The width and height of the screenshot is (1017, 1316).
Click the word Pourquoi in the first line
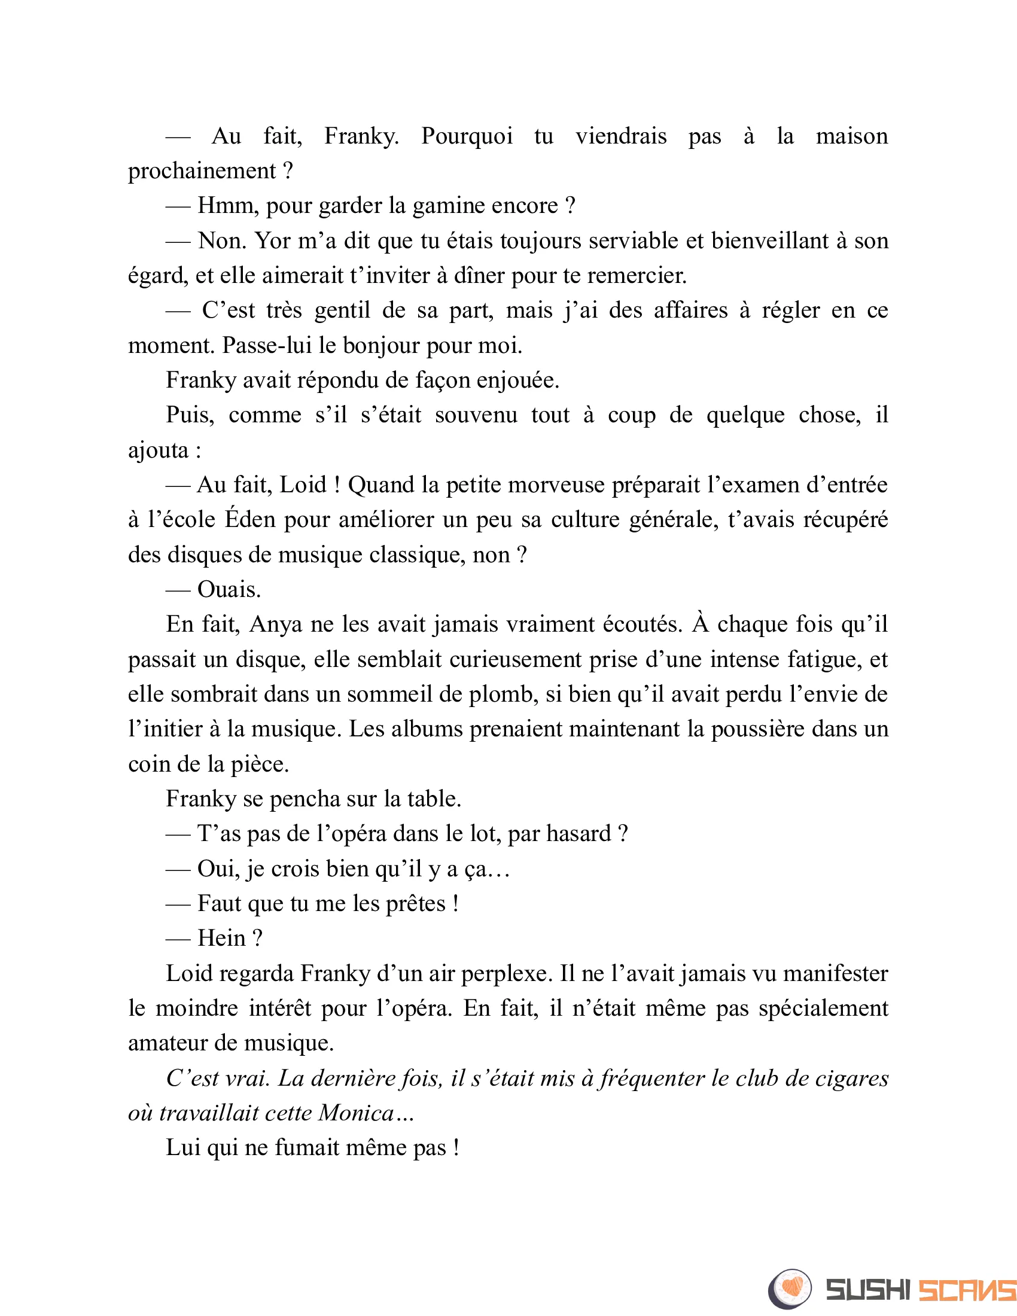coord(467,136)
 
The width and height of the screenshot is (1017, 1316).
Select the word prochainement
coord(201,172)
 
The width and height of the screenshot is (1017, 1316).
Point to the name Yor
coord(272,241)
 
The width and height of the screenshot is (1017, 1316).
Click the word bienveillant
coord(769,241)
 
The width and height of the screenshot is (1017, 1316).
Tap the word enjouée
coord(517,381)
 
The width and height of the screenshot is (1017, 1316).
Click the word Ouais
coord(229,590)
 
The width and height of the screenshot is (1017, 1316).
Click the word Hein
coord(221,939)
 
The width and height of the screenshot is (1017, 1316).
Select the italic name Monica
coord(356,1113)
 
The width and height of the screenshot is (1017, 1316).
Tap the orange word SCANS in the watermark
coord(966,1290)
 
